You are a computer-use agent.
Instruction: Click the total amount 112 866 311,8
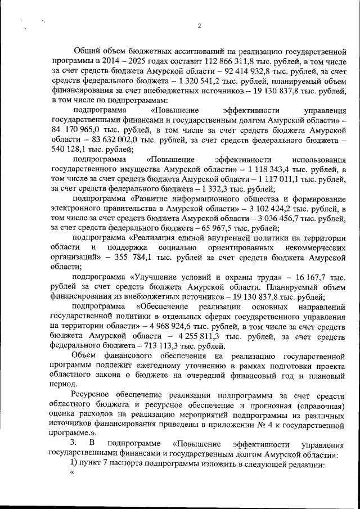tap(213, 61)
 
